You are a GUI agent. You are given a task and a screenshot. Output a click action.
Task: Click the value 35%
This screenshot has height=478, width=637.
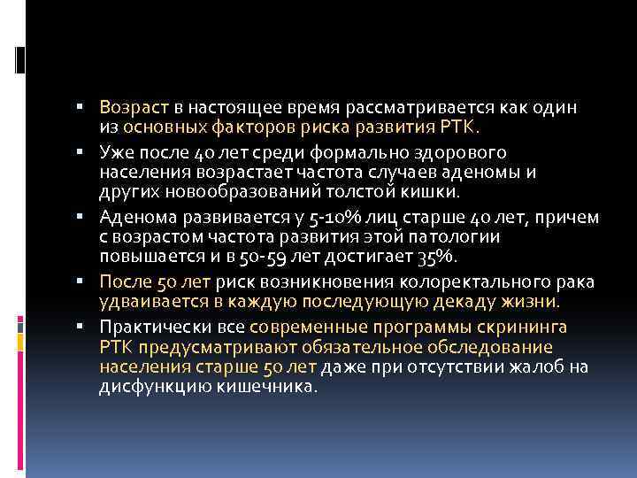pos(436,258)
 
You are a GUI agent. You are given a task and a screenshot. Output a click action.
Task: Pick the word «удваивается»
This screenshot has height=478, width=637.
pos(147,302)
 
